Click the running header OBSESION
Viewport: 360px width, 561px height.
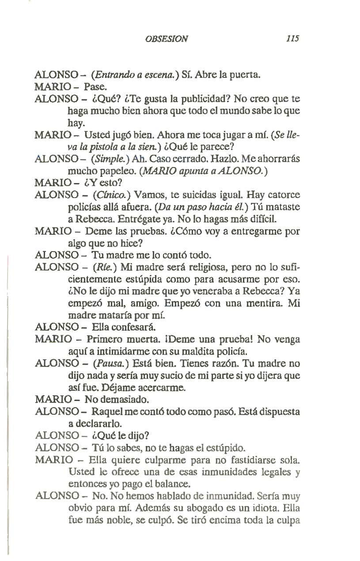(x=166, y=38)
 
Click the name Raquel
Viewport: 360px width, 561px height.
(x=103, y=412)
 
